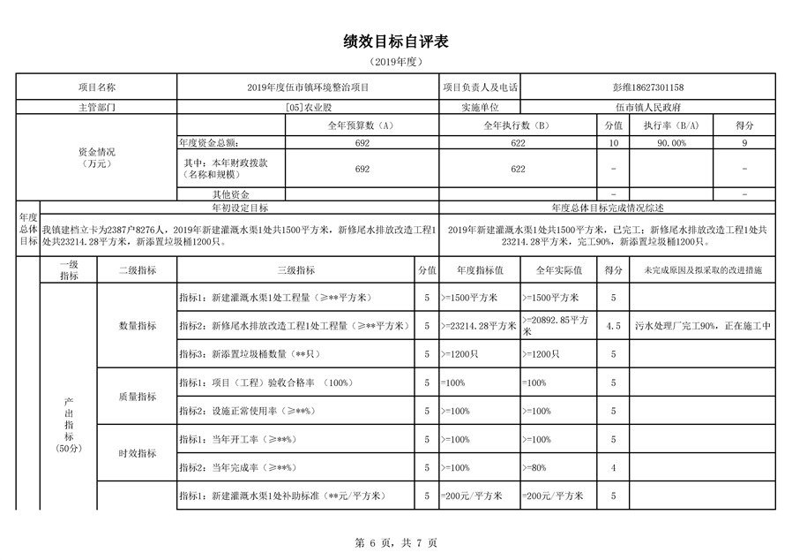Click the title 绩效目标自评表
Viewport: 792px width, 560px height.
pyautogui.click(x=396, y=42)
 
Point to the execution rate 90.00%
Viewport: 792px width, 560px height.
pyautogui.click(x=671, y=142)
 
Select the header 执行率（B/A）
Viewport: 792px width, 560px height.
pyautogui.click(x=671, y=126)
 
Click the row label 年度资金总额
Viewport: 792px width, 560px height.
pyautogui.click(x=208, y=142)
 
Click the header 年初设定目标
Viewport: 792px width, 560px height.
pyautogui.click(x=240, y=208)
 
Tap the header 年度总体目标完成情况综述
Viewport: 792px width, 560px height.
pyautogui.click(x=608, y=208)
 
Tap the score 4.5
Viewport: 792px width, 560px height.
pyautogui.click(x=613, y=326)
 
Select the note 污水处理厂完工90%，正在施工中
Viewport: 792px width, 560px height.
pyautogui.click(x=703, y=326)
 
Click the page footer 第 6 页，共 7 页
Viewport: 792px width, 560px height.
pyautogui.click(x=396, y=543)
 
